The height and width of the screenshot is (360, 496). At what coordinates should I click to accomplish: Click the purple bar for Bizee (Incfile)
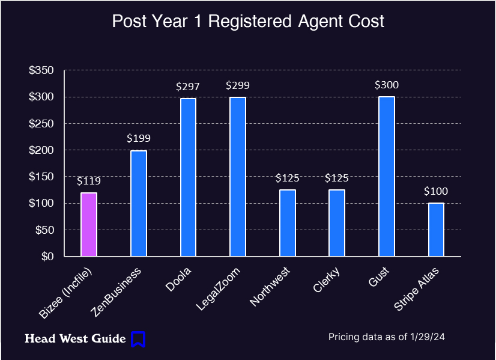pos(89,224)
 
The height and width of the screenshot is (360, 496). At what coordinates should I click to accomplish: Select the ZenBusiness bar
pos(139,203)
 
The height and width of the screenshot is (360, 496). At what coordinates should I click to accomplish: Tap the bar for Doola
pos(188,177)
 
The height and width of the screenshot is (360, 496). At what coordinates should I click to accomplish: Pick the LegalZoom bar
pos(238,177)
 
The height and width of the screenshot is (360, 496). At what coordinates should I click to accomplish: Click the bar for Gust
pos(387,176)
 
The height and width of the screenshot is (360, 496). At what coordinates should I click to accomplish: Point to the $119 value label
pos(89,181)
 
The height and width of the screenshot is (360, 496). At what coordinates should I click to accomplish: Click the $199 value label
pos(139,138)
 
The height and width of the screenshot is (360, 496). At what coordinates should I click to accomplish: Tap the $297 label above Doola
pos(188,87)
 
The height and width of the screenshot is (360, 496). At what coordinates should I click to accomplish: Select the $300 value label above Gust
pos(387,85)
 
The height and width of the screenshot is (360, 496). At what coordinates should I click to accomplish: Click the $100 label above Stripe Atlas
pos(436,192)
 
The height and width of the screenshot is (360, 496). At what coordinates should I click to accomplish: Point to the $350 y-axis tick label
pos(41,71)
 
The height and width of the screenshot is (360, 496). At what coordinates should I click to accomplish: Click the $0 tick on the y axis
pos(46,257)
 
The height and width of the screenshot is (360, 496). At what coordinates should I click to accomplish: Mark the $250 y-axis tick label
pos(41,124)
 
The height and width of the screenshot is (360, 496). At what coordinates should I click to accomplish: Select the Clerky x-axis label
pos(327,279)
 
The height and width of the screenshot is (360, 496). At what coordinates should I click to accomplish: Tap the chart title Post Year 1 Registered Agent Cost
pos(248,22)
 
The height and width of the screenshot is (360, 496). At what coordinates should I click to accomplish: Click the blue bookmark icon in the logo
pos(138,339)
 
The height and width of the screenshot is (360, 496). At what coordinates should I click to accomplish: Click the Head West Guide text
pos(75,339)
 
